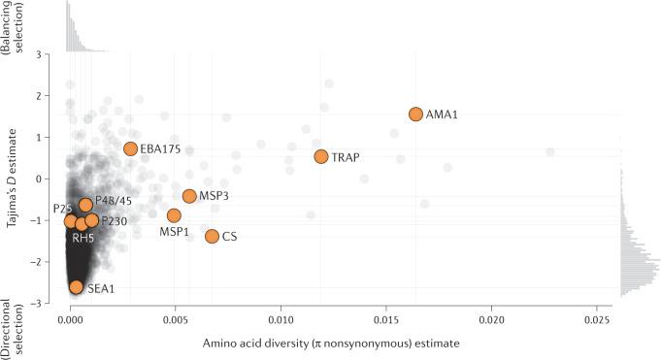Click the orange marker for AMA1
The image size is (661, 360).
(415, 115)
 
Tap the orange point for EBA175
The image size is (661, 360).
(131, 148)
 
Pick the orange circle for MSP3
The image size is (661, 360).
(189, 196)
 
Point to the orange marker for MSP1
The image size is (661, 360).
(174, 215)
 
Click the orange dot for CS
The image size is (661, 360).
(212, 236)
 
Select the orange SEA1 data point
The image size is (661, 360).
(77, 286)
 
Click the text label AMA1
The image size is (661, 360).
(442, 115)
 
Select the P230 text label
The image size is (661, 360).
(114, 221)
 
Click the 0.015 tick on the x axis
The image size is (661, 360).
(386, 317)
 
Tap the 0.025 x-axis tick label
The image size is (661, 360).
(597, 317)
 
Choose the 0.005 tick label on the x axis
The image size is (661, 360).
(176, 317)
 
